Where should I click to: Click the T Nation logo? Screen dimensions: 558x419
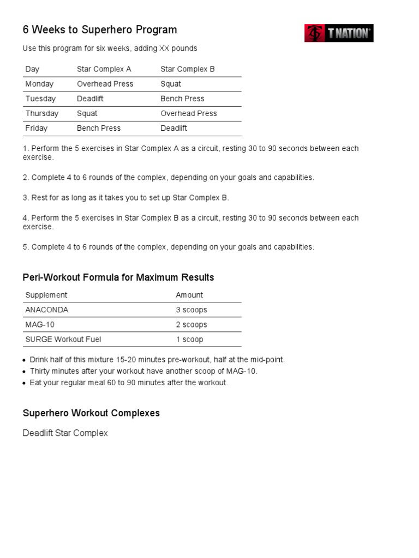point(339,33)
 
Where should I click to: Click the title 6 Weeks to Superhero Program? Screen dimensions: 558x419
point(100,30)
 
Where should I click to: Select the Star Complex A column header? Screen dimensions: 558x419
point(104,69)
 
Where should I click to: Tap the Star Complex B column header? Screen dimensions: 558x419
point(188,69)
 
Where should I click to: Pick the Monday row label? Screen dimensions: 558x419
point(39,84)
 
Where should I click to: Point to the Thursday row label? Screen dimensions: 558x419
point(41,113)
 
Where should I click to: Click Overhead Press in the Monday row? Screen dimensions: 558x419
point(105,84)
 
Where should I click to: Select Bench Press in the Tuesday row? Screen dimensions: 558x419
point(182,99)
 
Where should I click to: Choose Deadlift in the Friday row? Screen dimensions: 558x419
point(173,128)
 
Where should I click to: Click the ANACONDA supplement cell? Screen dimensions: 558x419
point(47,310)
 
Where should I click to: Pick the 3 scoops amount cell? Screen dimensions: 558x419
point(191,310)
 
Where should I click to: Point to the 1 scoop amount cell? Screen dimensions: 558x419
point(189,339)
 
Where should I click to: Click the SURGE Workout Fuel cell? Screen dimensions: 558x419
point(63,339)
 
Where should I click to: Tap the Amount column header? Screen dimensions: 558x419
point(189,295)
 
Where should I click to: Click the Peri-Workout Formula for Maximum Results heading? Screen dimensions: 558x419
point(118,277)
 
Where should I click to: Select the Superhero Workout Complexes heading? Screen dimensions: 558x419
point(91,413)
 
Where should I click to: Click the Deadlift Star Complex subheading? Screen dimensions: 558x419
point(65,433)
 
